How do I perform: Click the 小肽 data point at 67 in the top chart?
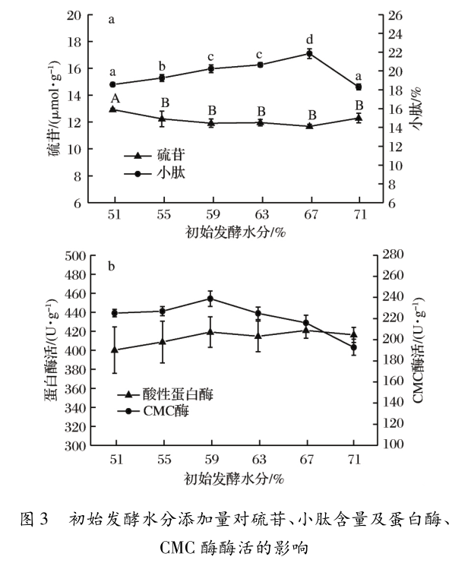[x=309, y=53]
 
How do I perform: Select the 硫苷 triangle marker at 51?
[x=113, y=109]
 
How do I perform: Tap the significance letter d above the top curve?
[x=309, y=40]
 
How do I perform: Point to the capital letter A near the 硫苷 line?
[x=115, y=98]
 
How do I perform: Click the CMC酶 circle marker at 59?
[x=210, y=299]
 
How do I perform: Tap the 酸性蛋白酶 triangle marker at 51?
[x=115, y=350]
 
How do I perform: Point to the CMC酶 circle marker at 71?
[x=354, y=348]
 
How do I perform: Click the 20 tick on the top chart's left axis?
[x=74, y=15]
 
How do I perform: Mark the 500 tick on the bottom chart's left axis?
[x=71, y=256]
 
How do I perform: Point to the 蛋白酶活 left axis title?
[x=49, y=352]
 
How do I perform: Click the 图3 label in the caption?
[x=38, y=520]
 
